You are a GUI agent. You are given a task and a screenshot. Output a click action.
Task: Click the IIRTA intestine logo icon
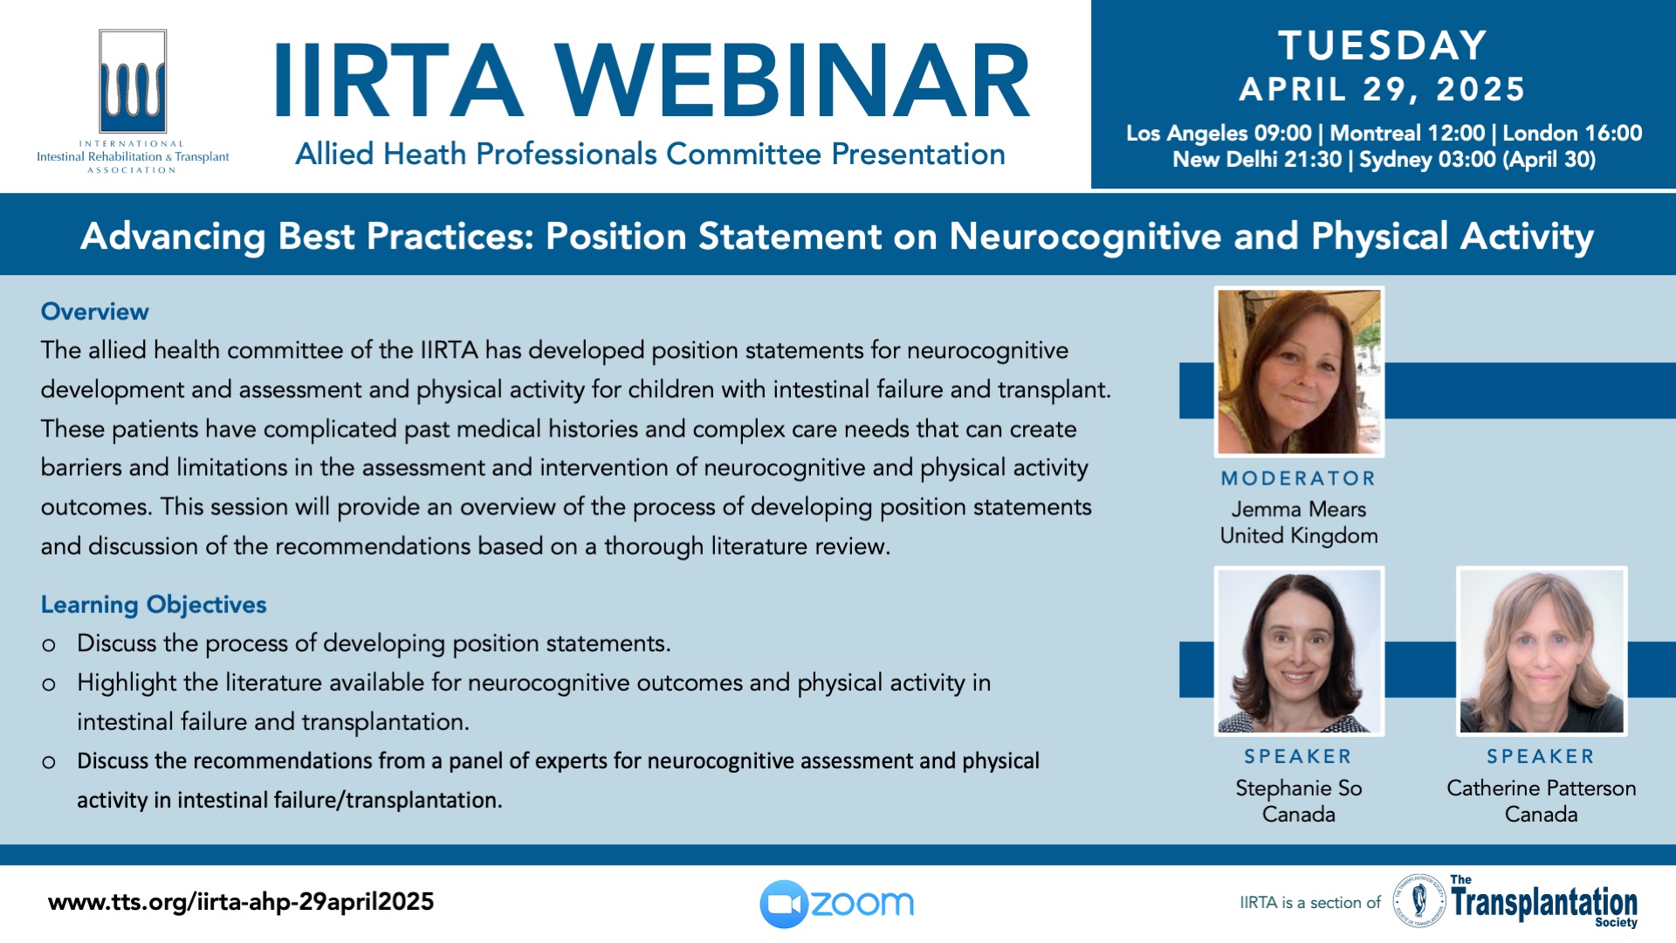click(133, 81)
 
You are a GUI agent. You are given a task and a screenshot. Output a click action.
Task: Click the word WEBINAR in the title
click(793, 81)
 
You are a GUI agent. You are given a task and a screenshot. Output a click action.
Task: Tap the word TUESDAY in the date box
click(1383, 45)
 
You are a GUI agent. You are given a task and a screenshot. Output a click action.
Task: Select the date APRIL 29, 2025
click(1383, 89)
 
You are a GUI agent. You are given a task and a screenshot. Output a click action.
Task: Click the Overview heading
click(95, 312)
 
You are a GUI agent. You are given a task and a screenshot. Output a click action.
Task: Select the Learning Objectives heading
click(154, 605)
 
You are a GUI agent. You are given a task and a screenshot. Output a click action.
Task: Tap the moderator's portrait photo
click(1299, 372)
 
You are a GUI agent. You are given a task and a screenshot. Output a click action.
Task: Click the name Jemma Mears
click(1299, 509)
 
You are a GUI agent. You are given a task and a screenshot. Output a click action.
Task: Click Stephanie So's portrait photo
click(1299, 651)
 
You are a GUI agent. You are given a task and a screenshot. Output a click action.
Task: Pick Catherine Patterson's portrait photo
click(1542, 651)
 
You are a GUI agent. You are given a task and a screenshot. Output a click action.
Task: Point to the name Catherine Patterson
click(1542, 788)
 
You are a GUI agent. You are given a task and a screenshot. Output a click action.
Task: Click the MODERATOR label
click(1299, 478)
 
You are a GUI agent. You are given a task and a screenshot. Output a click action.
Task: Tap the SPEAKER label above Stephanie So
click(1299, 757)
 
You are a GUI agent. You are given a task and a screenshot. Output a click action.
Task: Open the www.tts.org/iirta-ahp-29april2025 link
click(241, 902)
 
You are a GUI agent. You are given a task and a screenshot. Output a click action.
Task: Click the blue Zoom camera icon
click(784, 904)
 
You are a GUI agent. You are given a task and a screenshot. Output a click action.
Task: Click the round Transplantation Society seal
click(1418, 900)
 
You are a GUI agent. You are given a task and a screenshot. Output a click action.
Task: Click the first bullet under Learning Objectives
click(374, 644)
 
